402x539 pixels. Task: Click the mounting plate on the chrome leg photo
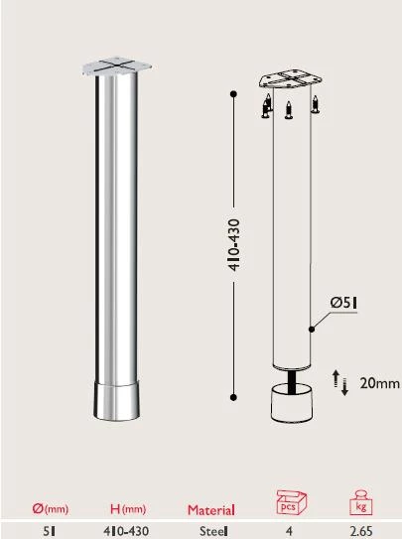point(116,69)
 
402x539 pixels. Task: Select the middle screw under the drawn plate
point(288,109)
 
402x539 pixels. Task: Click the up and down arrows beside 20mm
point(338,382)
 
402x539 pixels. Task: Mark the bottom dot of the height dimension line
point(232,397)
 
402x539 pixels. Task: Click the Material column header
point(211,510)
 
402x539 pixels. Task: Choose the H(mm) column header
point(126,509)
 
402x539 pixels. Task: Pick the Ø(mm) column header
point(49,509)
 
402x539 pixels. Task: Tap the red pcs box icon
point(289,501)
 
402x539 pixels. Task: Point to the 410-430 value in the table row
point(126,531)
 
